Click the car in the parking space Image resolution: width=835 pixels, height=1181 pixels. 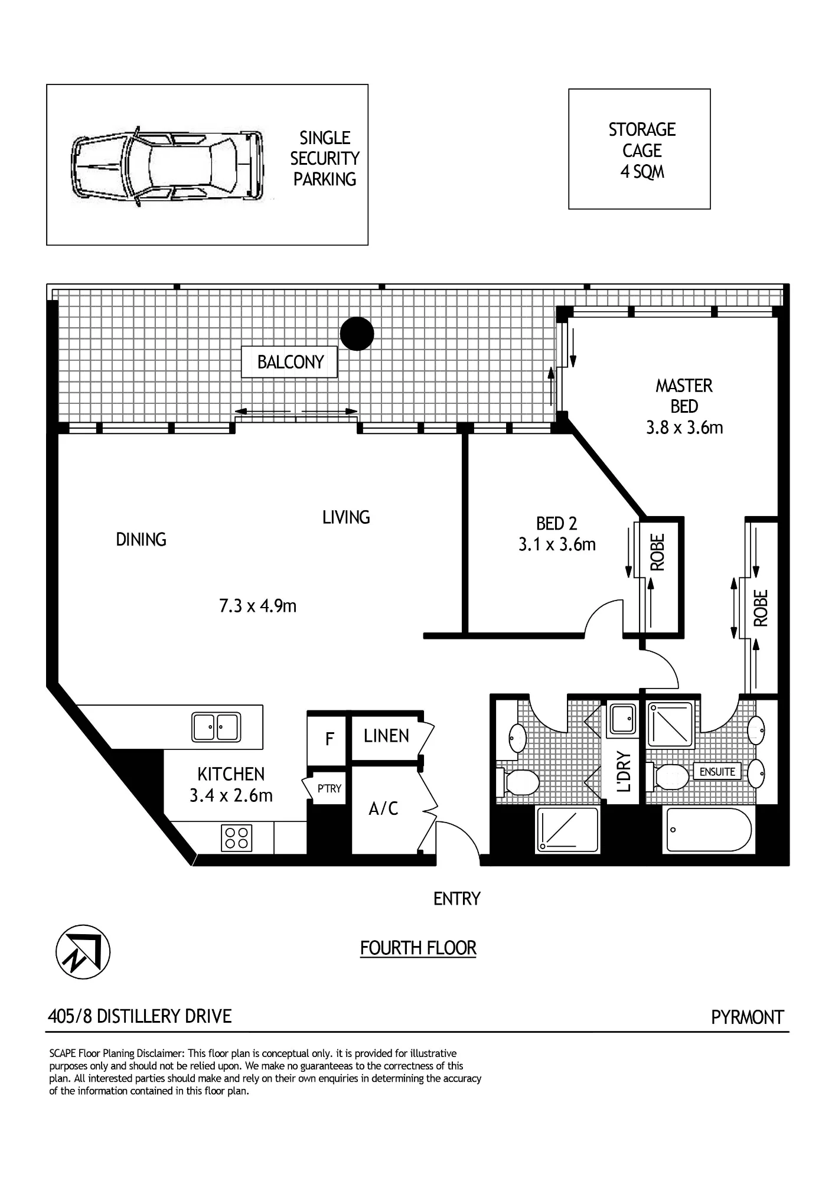point(167,166)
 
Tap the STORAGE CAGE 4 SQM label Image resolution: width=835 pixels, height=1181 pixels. point(642,151)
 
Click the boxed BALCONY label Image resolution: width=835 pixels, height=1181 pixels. point(289,362)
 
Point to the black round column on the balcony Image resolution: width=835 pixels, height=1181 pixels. point(357,334)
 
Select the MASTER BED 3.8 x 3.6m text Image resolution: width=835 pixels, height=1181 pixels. point(684,406)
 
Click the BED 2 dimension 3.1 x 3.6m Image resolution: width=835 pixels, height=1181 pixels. point(557,544)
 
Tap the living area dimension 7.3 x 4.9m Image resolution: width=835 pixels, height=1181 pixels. point(257,606)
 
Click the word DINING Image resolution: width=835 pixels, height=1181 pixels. point(141,539)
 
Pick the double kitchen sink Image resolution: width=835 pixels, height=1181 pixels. point(216,727)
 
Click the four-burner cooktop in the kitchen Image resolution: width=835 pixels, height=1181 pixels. point(236,837)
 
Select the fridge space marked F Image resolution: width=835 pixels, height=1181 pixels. point(330,739)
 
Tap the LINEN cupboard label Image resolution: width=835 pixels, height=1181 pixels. point(386,736)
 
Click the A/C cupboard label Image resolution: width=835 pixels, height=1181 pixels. point(384,808)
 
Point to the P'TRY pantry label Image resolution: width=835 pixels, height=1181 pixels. point(330,788)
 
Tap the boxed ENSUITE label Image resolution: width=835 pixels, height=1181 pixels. point(717,772)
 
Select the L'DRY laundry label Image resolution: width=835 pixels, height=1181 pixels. point(624,772)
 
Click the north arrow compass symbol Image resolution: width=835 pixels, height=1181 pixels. point(83,952)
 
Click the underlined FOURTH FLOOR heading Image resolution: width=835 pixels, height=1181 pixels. point(418,948)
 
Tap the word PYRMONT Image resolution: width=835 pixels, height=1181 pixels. point(747,1017)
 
